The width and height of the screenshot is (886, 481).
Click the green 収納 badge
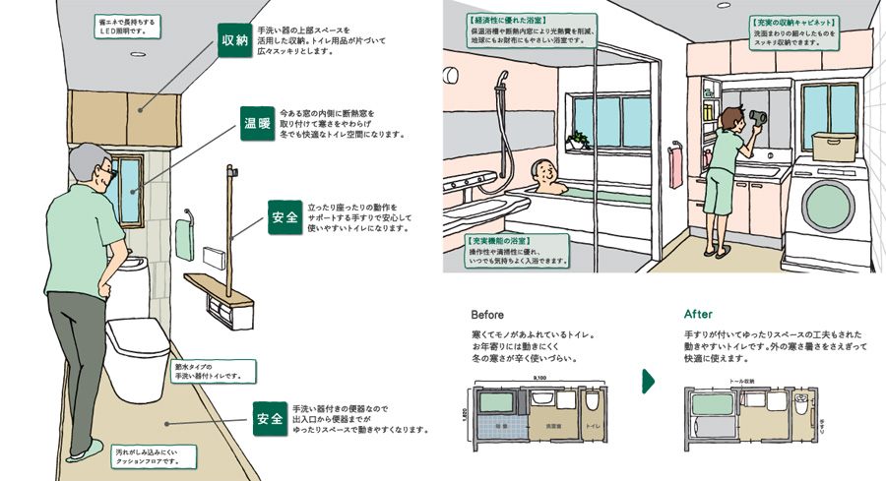pyautogui.click(x=234, y=41)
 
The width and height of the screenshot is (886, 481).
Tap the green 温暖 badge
pyautogui.click(x=257, y=123)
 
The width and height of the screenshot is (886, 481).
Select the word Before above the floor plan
pyautogui.click(x=487, y=315)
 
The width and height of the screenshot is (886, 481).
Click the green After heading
pyautogui.click(x=698, y=315)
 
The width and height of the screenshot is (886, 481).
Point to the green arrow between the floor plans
pyautogui.click(x=648, y=381)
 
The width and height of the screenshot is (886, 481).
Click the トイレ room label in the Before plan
pyautogui.click(x=592, y=426)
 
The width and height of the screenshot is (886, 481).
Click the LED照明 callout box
pyautogui.click(x=126, y=25)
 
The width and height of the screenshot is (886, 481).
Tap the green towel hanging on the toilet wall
pyautogui.click(x=184, y=239)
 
